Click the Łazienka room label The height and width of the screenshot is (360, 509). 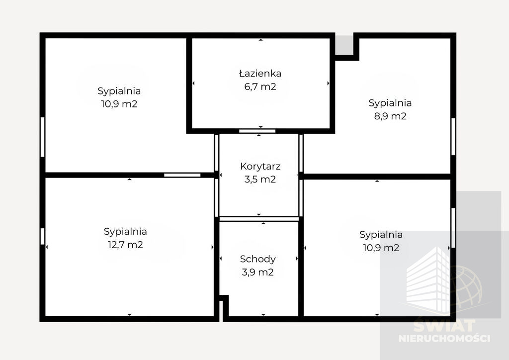(260, 74)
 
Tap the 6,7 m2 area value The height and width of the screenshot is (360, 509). (260, 87)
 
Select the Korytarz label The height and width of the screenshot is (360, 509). (260, 167)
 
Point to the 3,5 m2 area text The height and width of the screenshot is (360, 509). (260, 179)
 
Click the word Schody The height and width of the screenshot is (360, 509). (258, 259)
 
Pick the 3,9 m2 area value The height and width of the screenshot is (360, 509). (258, 272)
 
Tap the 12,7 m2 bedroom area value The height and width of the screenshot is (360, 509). (125, 245)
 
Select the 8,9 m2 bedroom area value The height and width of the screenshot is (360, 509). (390, 116)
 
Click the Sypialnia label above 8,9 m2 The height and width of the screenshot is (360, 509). (390, 103)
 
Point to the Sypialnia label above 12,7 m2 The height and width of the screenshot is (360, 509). (125, 231)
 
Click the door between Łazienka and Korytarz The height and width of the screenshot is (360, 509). (257, 131)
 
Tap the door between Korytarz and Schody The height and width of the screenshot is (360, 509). (259, 219)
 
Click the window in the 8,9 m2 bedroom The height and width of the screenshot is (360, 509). (453, 137)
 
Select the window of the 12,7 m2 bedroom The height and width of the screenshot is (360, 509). (42, 236)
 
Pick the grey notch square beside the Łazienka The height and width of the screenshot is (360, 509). (344, 45)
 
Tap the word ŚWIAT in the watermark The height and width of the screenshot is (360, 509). (444, 326)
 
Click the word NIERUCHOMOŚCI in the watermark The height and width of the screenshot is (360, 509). (444, 338)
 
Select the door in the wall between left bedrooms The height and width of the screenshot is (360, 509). (182, 176)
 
